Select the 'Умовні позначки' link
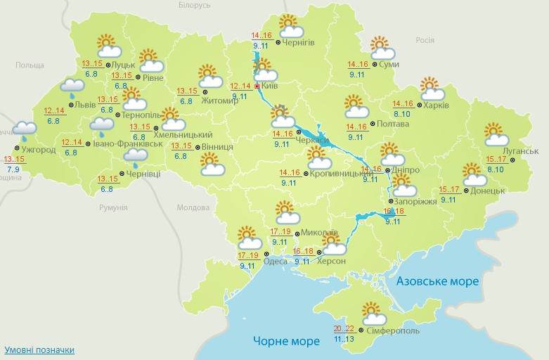39,349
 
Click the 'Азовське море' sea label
437,281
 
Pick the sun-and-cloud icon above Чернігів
290,26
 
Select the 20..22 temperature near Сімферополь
344,328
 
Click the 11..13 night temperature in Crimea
344,339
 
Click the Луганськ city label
521,151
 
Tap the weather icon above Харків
432,89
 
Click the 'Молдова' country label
193,208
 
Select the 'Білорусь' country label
194,5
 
